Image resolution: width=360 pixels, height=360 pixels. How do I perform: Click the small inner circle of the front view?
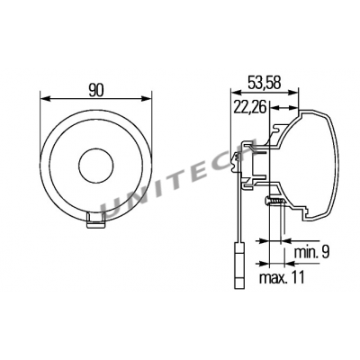(x=95, y=166)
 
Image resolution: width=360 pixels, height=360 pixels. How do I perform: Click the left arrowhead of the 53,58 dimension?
(x=236, y=94)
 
